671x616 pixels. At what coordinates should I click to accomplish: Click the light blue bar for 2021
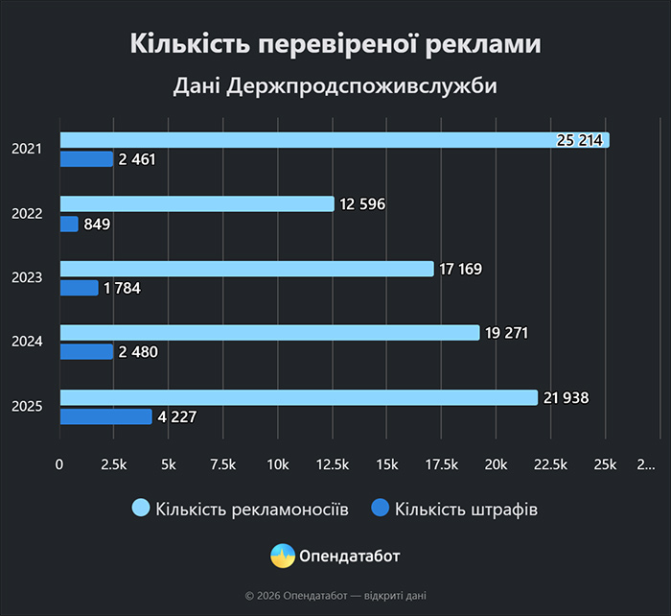[x=335, y=140]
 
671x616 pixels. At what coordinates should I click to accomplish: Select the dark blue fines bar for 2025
[x=106, y=416]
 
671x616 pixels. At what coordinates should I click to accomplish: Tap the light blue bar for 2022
[x=197, y=203]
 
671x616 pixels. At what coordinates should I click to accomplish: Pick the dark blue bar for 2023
[x=80, y=288]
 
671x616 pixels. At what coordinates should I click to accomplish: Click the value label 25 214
[x=579, y=140]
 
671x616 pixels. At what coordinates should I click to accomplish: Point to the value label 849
[x=98, y=225]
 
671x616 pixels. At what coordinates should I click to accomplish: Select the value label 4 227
[x=177, y=417]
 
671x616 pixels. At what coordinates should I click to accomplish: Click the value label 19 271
[x=506, y=333]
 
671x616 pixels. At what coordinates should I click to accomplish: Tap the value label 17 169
[x=461, y=269]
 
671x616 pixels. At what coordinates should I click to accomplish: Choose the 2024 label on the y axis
[x=26, y=343]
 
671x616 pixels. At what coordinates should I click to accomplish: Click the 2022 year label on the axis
[x=26, y=214]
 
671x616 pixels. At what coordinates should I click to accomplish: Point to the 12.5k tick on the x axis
[x=332, y=464]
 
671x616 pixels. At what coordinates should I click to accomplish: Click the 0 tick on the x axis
[x=60, y=464]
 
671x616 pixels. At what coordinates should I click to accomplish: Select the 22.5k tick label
[x=549, y=464]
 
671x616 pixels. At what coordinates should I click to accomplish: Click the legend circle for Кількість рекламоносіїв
[x=140, y=509]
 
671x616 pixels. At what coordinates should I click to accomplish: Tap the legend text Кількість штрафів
[x=466, y=509]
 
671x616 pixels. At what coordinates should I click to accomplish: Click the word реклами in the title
[x=486, y=44]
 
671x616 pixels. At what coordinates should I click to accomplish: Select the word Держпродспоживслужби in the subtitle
[x=362, y=86]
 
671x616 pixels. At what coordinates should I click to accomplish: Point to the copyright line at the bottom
[x=335, y=596]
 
